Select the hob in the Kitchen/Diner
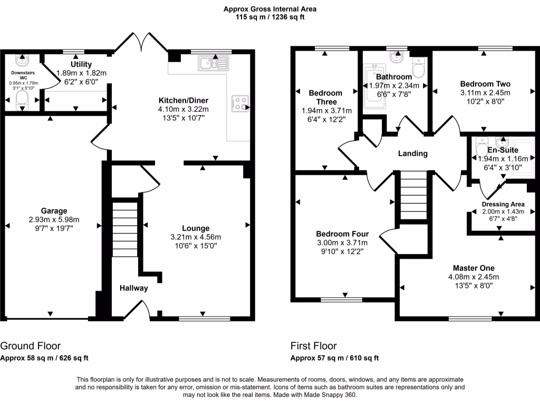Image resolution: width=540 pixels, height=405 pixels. (240, 103)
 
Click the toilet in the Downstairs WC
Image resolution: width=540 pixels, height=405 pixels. (22, 99)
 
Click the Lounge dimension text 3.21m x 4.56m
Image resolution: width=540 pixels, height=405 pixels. (196, 237)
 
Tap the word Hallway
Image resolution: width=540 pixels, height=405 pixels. (133, 288)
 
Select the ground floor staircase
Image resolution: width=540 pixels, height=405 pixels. (124, 230)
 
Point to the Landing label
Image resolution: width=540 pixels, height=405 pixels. (412, 153)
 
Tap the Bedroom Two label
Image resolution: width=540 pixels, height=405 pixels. (485, 84)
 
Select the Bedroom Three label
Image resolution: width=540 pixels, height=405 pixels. (325, 98)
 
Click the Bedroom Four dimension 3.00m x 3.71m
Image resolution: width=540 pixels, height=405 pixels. (342, 243)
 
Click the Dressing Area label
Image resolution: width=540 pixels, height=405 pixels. (503, 204)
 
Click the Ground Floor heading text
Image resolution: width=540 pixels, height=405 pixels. (30, 346)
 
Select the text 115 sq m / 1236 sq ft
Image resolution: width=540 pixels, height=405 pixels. (269, 17)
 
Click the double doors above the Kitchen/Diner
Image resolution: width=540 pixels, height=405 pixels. (140, 42)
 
